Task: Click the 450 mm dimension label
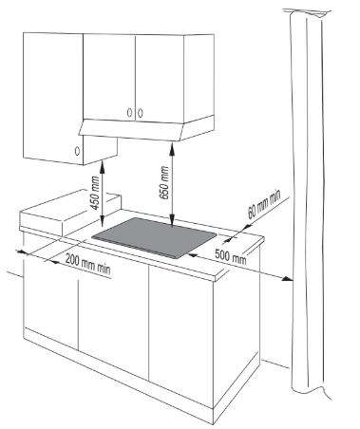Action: click(95, 193)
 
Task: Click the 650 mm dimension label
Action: click(164, 183)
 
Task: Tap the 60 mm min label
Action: click(264, 204)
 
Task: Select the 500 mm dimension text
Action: click(231, 256)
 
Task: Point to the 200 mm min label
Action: click(88, 264)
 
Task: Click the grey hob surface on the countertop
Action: click(155, 237)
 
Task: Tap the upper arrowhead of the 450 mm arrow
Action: click(102, 166)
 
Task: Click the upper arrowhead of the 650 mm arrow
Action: click(172, 149)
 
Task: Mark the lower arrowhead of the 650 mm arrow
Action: click(172, 221)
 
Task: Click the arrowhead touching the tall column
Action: click(288, 278)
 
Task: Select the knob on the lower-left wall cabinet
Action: click(77, 151)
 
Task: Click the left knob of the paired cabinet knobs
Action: click(129, 113)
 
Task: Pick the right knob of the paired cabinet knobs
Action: click(140, 113)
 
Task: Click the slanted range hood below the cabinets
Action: click(146, 128)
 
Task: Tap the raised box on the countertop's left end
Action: click(70, 212)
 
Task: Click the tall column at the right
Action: click(309, 202)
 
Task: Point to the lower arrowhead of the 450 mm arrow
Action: click(102, 221)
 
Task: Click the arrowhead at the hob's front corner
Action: click(193, 254)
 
